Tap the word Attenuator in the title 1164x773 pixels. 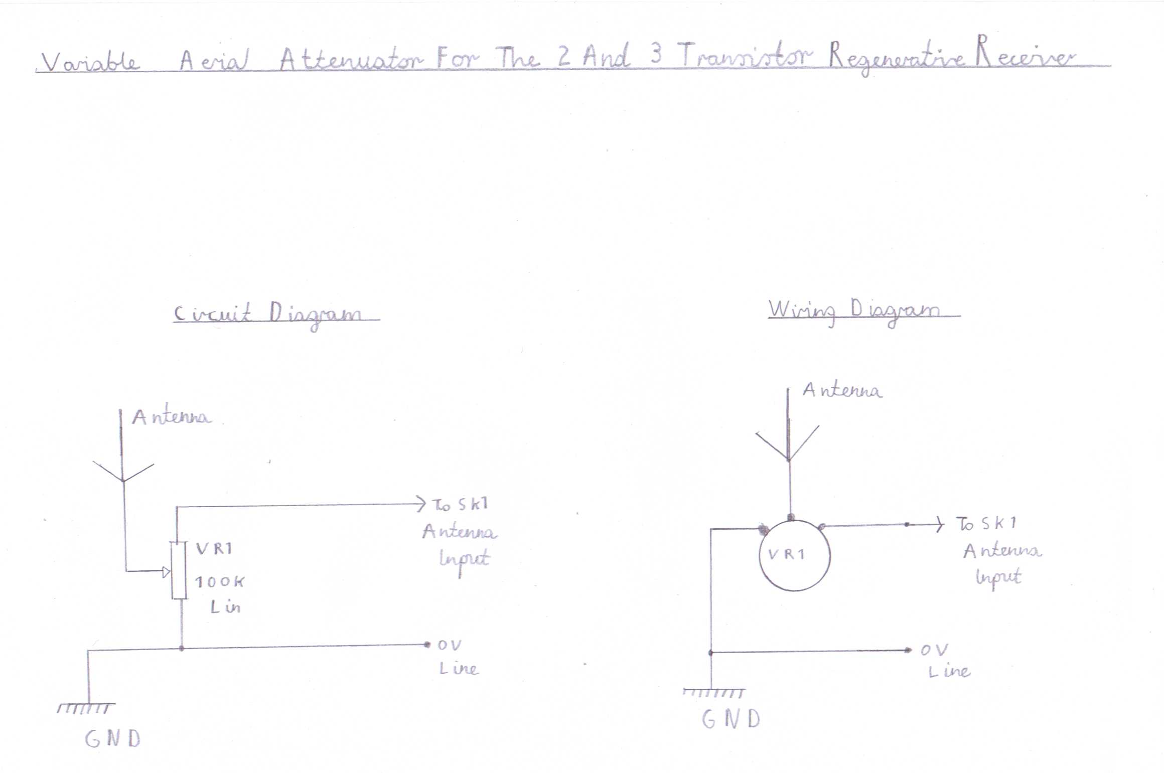(x=351, y=59)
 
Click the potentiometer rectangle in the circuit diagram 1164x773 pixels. (x=179, y=570)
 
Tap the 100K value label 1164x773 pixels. (x=219, y=582)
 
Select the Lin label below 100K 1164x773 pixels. (x=226, y=607)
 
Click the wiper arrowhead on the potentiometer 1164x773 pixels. (x=167, y=571)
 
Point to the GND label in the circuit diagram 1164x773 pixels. (x=113, y=738)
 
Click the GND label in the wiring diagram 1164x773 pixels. (x=731, y=719)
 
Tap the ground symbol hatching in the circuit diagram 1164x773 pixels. (x=86, y=708)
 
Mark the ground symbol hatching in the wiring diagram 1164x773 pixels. (x=714, y=693)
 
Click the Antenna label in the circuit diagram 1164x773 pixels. (x=171, y=417)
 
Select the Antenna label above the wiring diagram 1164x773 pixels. (x=842, y=390)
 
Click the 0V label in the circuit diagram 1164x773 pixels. (x=449, y=645)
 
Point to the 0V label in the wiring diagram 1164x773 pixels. (x=934, y=651)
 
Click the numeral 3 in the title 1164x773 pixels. (x=656, y=53)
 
